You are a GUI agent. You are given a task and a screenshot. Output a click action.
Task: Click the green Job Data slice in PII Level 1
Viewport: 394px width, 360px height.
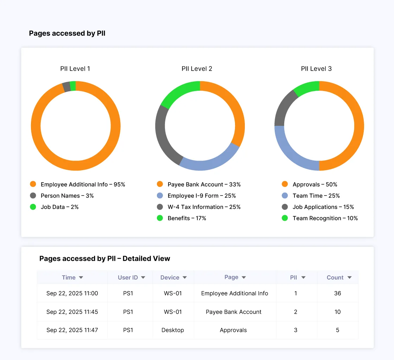tap(73, 86)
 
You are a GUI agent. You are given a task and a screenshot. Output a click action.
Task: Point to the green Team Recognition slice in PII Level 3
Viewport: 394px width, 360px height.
tap(306, 88)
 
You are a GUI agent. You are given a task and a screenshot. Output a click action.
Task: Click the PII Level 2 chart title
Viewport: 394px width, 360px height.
tap(197, 69)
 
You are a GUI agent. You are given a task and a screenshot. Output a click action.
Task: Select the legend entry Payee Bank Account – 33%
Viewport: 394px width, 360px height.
tap(204, 184)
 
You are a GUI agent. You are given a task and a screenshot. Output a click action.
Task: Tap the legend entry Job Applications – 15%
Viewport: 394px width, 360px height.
tap(323, 207)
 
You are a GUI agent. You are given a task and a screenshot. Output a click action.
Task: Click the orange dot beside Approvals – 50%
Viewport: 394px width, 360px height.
tap(285, 184)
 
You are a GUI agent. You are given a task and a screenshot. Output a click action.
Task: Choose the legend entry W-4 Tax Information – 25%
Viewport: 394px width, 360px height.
tap(204, 207)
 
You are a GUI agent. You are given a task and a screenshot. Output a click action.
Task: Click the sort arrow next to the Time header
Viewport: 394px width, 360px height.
tap(81, 278)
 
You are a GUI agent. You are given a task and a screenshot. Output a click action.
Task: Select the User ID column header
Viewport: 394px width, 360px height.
tap(128, 277)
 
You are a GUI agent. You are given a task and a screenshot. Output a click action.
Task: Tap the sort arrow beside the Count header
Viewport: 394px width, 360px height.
tap(349, 278)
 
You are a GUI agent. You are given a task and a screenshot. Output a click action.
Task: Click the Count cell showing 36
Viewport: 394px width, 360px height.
tap(337, 293)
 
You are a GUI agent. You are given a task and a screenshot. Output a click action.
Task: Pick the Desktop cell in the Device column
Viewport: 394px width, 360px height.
tap(173, 330)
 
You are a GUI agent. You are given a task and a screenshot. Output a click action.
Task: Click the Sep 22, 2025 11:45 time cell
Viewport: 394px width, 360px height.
tap(72, 312)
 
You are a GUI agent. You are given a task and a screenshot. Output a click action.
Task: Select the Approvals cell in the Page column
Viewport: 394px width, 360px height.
tap(233, 330)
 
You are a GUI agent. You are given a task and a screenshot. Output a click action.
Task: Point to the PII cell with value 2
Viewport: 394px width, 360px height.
tap(295, 312)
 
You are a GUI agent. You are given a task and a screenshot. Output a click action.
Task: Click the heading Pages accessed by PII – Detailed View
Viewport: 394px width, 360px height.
tap(104, 258)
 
